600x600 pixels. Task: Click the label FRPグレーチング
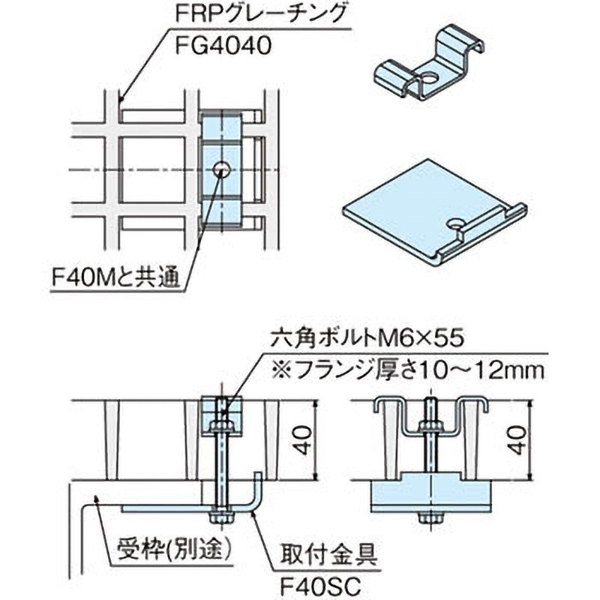click(x=261, y=15)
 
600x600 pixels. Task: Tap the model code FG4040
click(x=223, y=46)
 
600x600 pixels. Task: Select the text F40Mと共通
click(x=116, y=277)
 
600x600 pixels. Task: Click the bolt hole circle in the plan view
click(x=221, y=169)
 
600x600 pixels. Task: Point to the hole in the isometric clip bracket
click(x=430, y=79)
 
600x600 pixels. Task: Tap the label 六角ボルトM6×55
click(x=367, y=338)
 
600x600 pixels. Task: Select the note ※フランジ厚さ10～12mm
click(x=407, y=370)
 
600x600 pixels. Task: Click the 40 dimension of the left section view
click(x=304, y=440)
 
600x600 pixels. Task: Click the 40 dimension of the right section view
click(x=518, y=440)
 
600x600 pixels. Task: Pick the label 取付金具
click(x=328, y=555)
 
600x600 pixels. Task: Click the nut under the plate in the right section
click(x=430, y=517)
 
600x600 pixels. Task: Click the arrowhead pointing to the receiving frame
click(x=97, y=498)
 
